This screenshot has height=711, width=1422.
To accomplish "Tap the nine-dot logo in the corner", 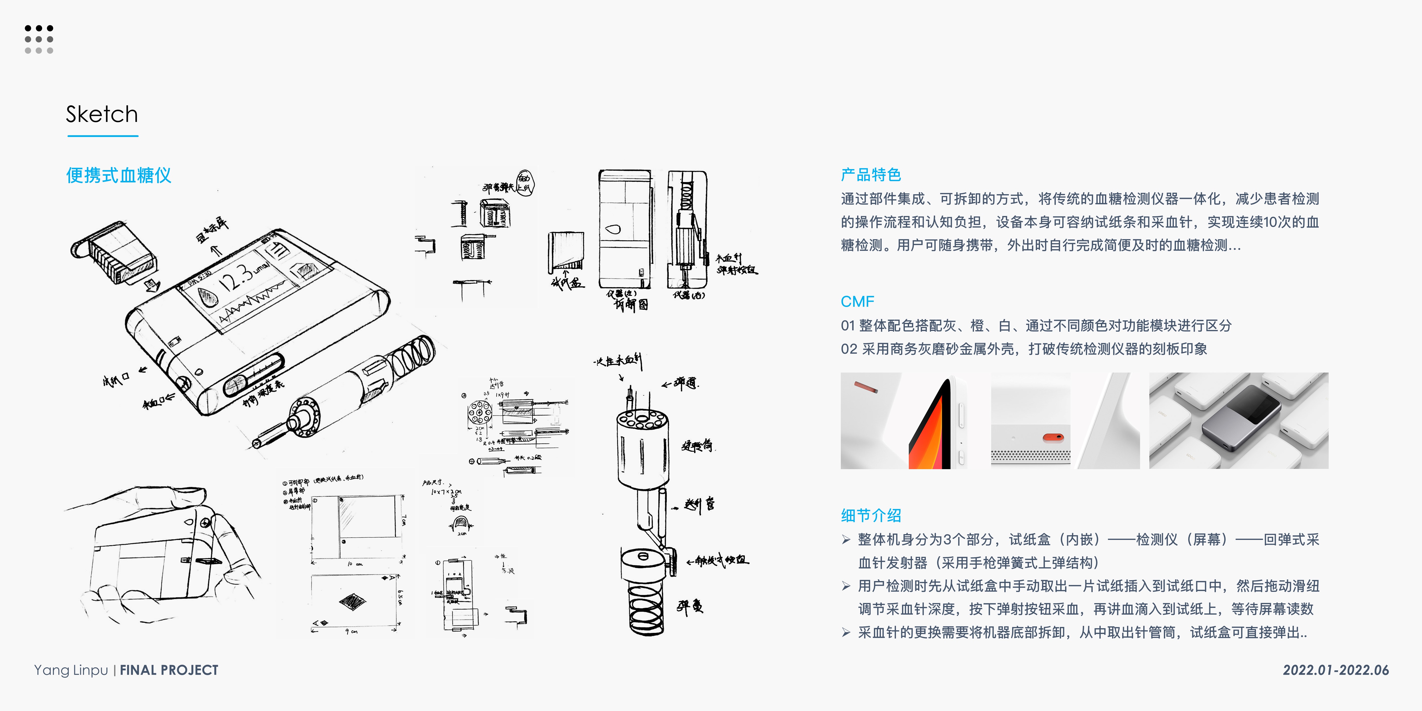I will [39, 39].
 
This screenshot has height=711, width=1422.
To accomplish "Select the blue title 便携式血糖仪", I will [119, 176].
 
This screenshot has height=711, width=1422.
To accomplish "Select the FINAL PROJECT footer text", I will [169, 670].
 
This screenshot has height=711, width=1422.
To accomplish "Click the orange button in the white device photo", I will [1053, 438].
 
